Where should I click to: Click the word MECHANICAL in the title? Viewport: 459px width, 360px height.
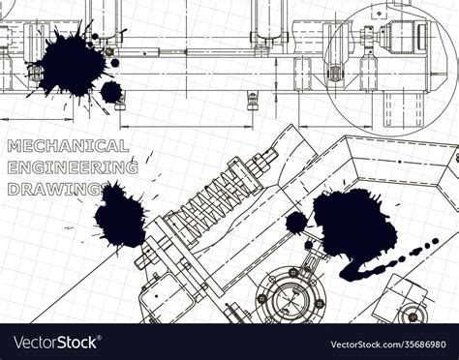pyautogui.click(x=68, y=146)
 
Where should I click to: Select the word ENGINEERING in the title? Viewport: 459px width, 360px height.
pyautogui.click(x=72, y=166)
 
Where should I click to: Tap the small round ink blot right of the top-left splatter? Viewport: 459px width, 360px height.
pyautogui.click(x=111, y=92)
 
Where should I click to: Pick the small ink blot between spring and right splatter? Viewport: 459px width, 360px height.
pyautogui.click(x=295, y=223)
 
